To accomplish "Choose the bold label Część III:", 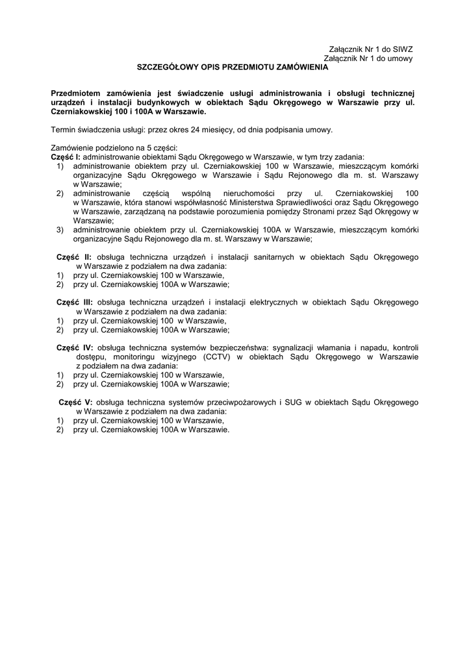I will [x=75, y=302].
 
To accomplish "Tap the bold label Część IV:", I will [x=75, y=347].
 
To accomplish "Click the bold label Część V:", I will [x=76, y=402].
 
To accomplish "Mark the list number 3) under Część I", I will [x=60, y=229].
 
